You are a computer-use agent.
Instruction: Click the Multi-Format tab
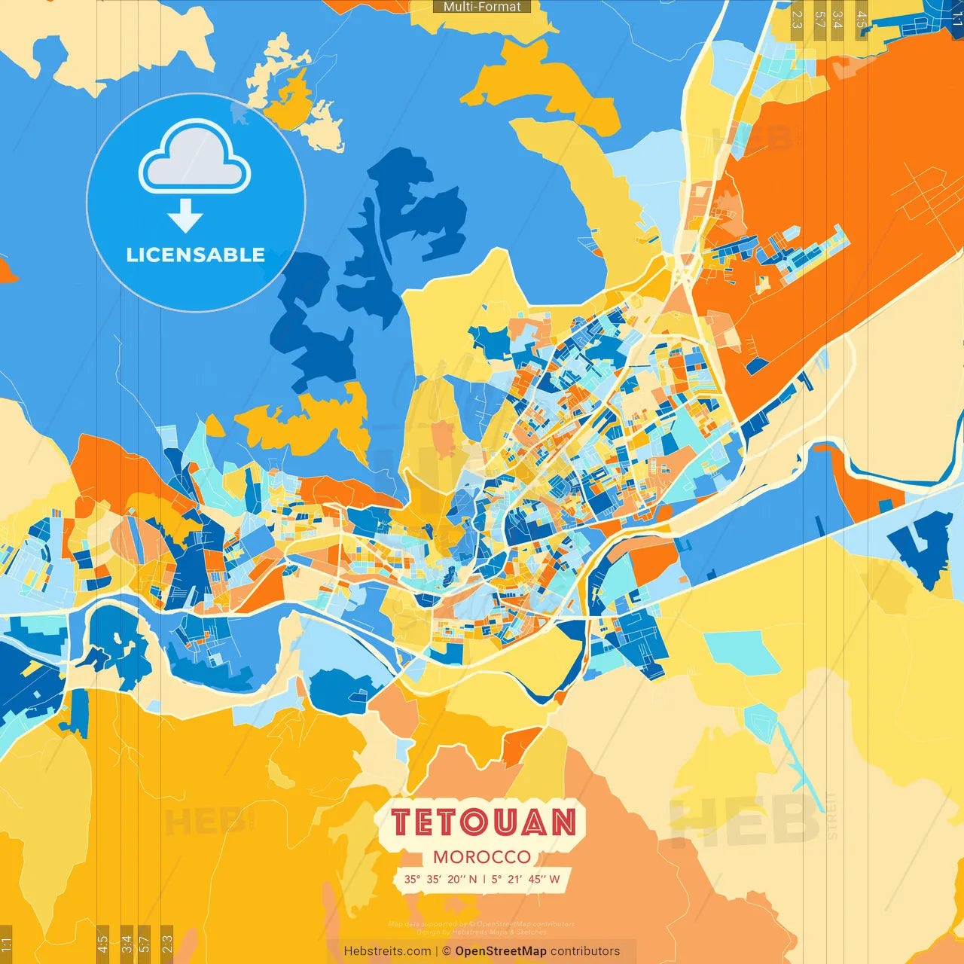(482, 7)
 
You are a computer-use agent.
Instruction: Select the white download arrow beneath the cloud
(185, 216)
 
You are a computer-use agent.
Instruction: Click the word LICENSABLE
(195, 255)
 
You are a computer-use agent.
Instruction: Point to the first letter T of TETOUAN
(401, 822)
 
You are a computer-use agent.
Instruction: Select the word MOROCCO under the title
(482, 857)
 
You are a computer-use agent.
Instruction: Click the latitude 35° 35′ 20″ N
(441, 879)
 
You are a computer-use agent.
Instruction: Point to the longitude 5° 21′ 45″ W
(526, 879)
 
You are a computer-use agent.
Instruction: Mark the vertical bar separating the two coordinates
(484, 879)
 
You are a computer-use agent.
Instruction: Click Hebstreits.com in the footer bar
(387, 951)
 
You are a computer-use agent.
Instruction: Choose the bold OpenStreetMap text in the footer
(501, 951)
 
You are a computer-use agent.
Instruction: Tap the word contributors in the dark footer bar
(585, 951)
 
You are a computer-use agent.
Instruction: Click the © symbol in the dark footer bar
(447, 951)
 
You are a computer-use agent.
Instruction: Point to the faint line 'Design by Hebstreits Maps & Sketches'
(482, 932)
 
